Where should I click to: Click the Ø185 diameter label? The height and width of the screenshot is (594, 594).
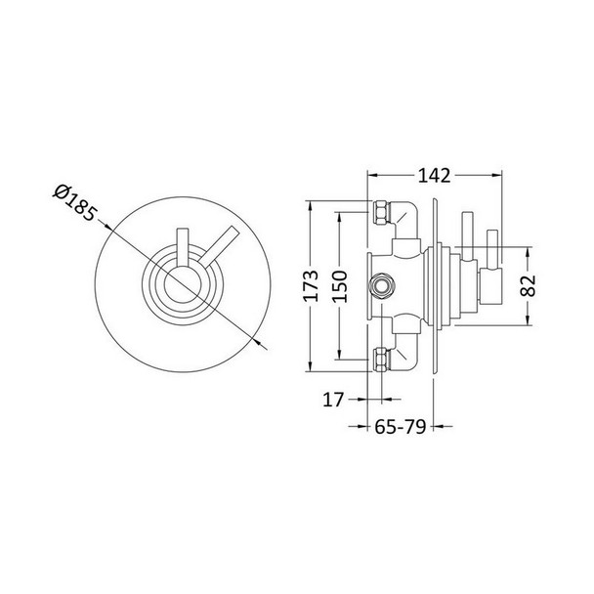(76, 203)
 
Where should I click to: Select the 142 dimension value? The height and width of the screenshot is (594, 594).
(432, 176)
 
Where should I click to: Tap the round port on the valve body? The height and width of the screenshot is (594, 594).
(380, 287)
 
